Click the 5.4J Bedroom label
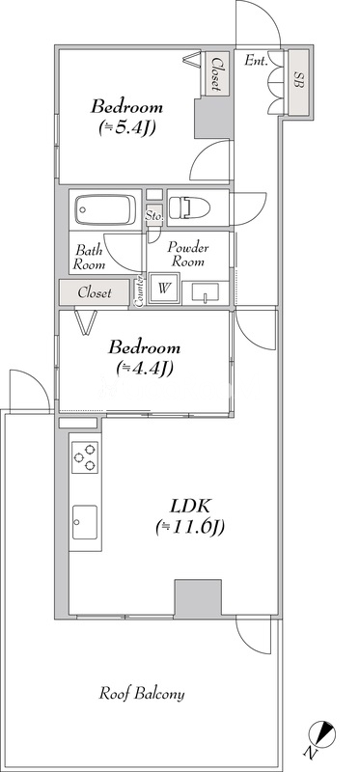point(126,115)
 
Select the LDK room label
point(190,515)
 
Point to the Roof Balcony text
point(143,694)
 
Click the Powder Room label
point(189,254)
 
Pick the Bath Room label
point(91,257)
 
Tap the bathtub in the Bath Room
point(106,209)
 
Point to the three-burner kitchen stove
point(84,456)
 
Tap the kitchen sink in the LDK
point(84,521)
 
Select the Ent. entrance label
point(256,62)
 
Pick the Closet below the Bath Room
point(94,292)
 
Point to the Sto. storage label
point(153,216)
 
